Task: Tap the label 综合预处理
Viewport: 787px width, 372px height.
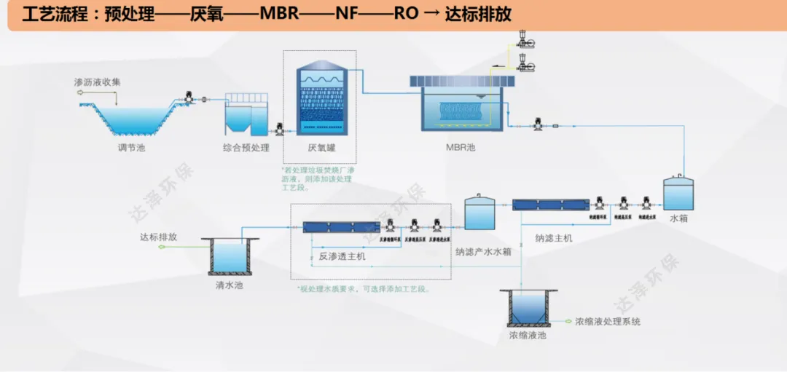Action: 246,149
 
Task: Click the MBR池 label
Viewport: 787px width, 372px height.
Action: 461,148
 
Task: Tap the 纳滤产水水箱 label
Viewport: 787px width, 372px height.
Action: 484,252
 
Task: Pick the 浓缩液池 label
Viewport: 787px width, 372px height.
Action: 528,336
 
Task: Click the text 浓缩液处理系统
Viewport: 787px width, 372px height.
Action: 608,321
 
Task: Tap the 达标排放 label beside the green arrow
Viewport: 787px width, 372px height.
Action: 159,237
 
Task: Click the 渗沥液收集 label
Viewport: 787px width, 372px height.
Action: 98,82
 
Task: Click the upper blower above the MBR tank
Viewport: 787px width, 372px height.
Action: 522,36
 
